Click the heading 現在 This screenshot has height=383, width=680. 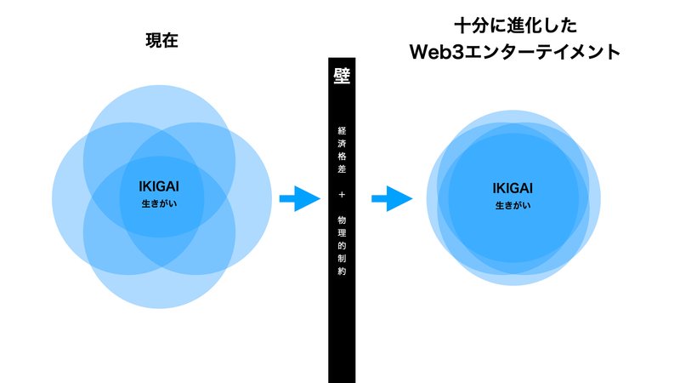click(x=161, y=40)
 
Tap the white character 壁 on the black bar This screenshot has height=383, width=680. click(x=342, y=76)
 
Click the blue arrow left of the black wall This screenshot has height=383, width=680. click(x=300, y=198)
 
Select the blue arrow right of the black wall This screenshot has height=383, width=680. click(x=392, y=198)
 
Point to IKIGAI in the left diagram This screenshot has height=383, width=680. click(x=159, y=186)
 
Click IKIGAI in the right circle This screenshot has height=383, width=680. click(x=513, y=188)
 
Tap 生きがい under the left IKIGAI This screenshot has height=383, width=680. click(x=159, y=203)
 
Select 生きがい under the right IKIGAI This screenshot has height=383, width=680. click(x=513, y=205)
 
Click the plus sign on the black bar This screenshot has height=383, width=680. click(x=342, y=195)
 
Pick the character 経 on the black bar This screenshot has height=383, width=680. click(x=342, y=130)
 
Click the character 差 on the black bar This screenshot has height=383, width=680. click(x=342, y=169)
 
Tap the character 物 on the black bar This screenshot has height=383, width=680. click(x=342, y=220)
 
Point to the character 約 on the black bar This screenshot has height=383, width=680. click(x=342, y=272)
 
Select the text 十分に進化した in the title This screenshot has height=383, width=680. click(x=516, y=26)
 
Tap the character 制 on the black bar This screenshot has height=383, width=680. click(x=342, y=259)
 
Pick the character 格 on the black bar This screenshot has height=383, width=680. click(x=342, y=156)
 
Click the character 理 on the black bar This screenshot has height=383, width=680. click(x=342, y=233)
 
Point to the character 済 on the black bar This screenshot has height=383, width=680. click(x=342, y=143)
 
